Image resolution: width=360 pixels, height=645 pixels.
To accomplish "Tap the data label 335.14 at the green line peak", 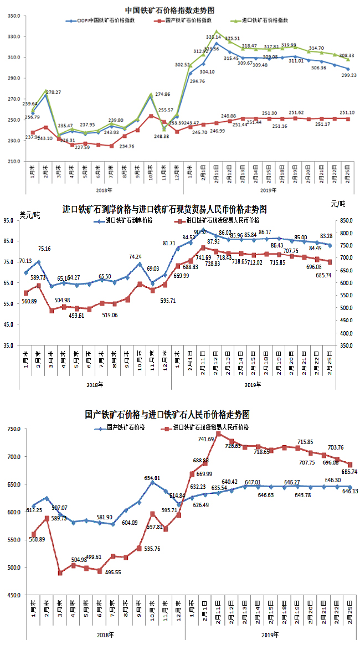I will [x=214, y=37].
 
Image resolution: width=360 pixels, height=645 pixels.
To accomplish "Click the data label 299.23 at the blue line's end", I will [x=349, y=75].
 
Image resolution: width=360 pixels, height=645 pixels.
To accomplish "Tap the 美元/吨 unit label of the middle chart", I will [x=30, y=215].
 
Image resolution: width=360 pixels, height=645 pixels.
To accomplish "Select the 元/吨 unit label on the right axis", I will [x=337, y=205].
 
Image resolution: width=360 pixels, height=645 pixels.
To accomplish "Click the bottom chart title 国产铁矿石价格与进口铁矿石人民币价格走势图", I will [x=167, y=415].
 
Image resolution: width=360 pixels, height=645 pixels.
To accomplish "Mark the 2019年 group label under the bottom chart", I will [x=270, y=635].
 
